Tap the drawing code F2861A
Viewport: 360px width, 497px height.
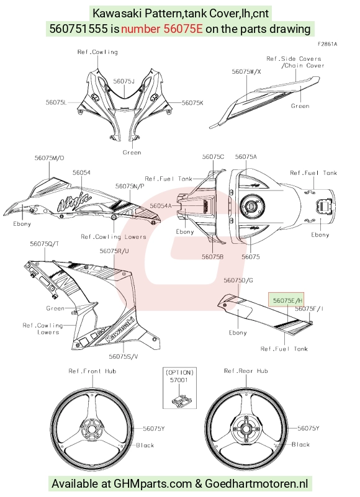point(327,45)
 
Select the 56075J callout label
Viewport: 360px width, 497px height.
point(124,81)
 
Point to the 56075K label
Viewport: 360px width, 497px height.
point(192,103)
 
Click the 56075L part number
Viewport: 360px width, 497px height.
point(56,102)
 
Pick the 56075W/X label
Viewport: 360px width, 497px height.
point(246,71)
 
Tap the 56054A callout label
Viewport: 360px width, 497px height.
point(161,206)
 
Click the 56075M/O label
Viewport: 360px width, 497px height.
point(49,158)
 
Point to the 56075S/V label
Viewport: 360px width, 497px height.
point(124,356)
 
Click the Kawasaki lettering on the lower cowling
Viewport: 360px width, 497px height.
point(120,330)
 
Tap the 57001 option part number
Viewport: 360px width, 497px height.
point(179,380)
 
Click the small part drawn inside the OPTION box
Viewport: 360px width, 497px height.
point(179,400)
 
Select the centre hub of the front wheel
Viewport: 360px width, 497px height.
point(91,429)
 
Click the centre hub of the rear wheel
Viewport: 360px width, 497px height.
point(246,429)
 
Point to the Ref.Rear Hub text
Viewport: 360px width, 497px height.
point(246,371)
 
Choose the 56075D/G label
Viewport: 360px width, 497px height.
point(238,280)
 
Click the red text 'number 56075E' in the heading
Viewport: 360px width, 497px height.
point(162,29)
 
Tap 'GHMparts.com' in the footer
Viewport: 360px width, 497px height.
point(153,484)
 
